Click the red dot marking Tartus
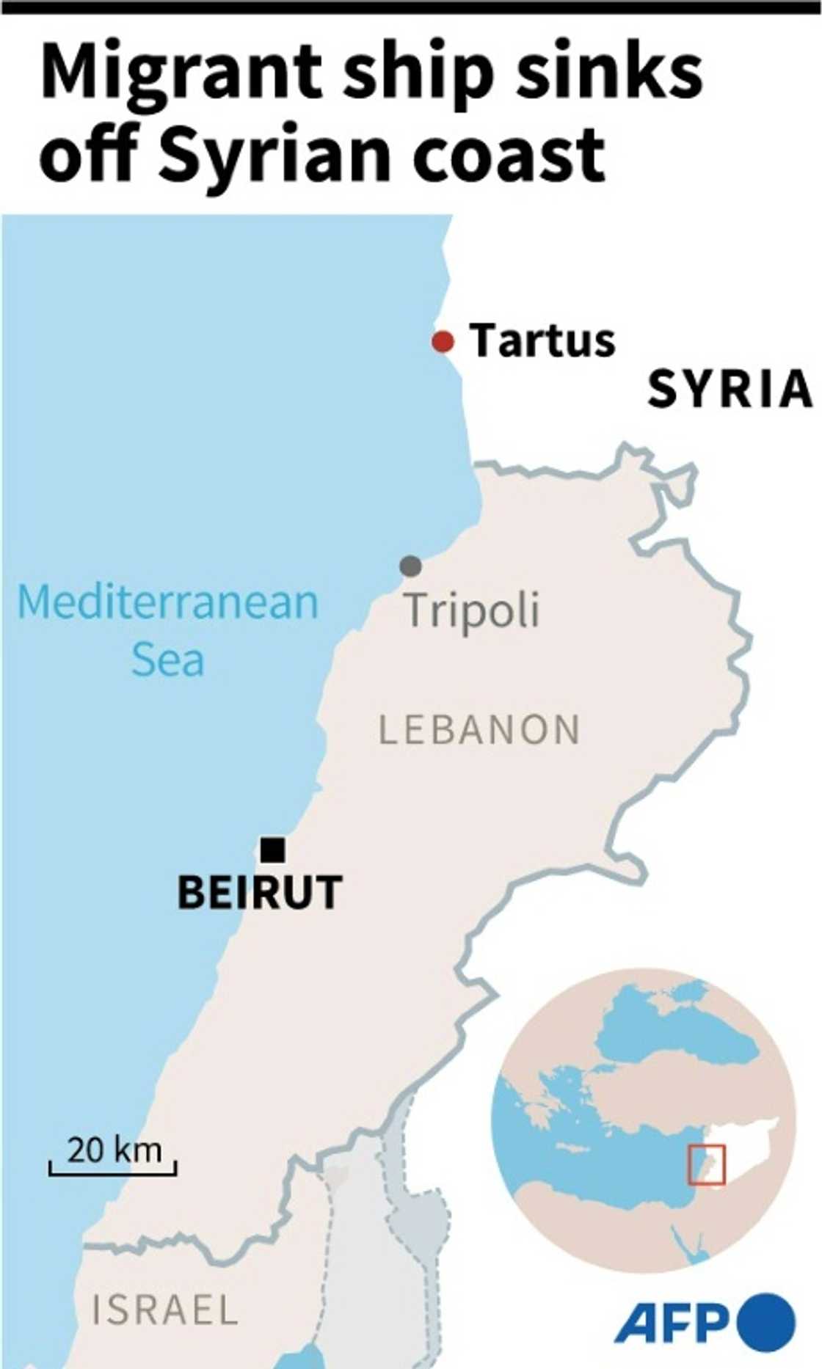443,342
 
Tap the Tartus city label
542,341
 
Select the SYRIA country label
730,390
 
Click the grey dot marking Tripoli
410,566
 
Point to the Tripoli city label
472,610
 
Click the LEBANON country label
479,730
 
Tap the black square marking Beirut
273,850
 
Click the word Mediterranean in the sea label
168,602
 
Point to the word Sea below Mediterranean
167,660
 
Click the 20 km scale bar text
114,1150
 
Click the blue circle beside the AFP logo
766,1323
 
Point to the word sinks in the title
608,73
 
